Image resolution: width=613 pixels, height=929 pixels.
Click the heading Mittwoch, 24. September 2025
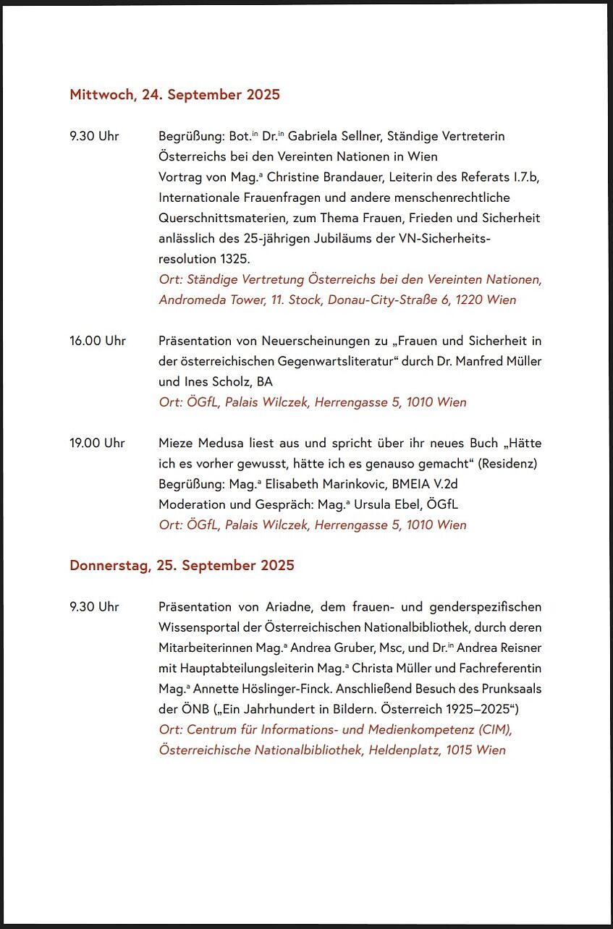pyautogui.click(x=174, y=94)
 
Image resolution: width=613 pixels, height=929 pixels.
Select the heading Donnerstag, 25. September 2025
pyautogui.click(x=182, y=565)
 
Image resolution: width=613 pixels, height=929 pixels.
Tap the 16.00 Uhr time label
pyautogui.click(x=97, y=341)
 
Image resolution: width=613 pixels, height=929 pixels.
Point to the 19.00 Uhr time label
pyautogui.click(x=97, y=443)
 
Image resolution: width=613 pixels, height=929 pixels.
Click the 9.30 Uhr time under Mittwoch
pyautogui.click(x=94, y=136)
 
